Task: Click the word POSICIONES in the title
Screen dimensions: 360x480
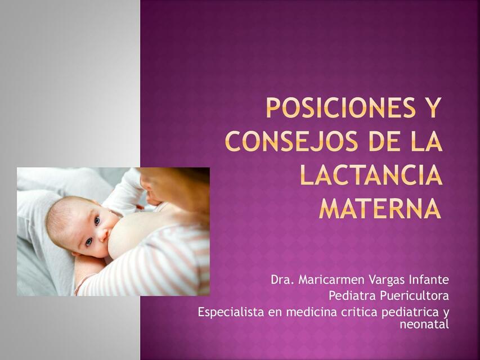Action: click(338, 108)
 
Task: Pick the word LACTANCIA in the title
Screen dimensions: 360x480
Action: click(370, 175)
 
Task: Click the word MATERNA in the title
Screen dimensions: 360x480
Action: click(380, 209)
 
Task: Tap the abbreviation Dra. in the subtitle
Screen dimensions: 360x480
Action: click(282, 280)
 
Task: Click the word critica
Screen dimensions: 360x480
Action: click(360, 312)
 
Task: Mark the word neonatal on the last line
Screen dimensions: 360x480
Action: click(424, 324)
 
